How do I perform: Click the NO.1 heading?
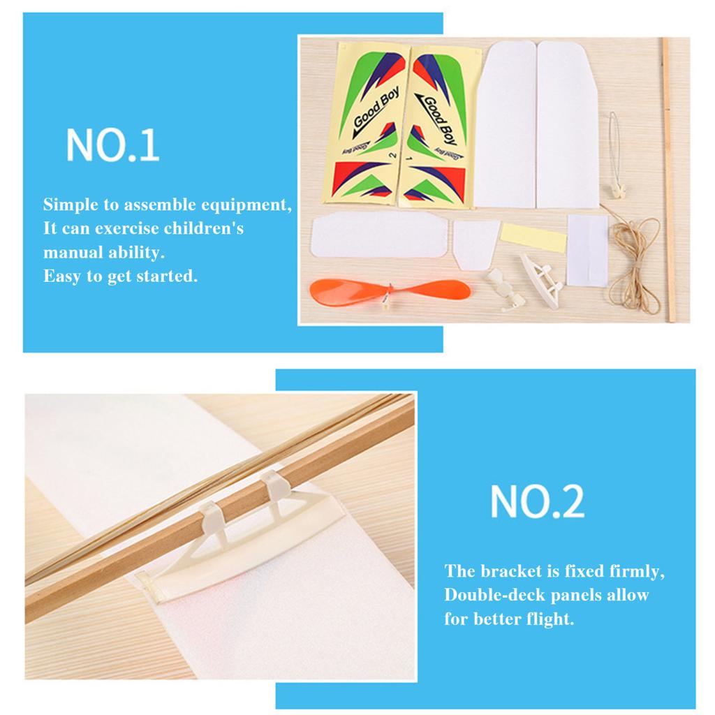[112, 145]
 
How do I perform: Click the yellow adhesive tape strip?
[534, 237]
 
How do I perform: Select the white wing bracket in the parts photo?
[542, 276]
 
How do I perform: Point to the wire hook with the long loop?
[614, 150]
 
